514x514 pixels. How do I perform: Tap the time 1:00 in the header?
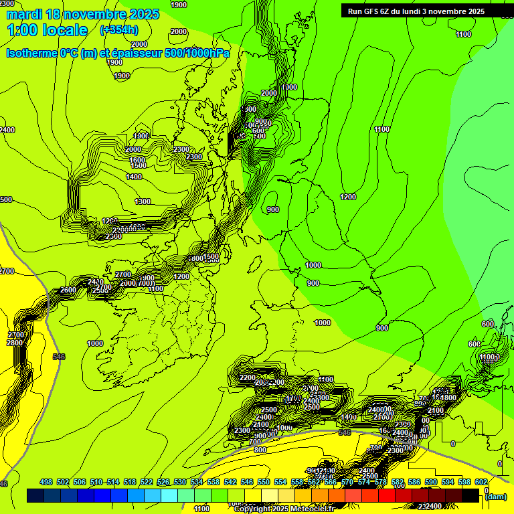22,30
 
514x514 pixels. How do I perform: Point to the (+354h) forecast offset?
118,30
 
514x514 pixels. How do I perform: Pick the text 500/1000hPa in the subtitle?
200,53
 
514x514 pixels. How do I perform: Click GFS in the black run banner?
376,11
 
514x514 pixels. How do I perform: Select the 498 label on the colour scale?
46,482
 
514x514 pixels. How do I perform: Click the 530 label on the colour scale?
180,482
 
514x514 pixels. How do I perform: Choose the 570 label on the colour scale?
347,482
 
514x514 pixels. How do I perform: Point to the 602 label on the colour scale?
481,482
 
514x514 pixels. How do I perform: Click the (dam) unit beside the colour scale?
495,497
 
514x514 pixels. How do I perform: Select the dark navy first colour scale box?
35,495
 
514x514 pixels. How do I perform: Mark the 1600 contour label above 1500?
137,160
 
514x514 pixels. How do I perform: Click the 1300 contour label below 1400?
142,201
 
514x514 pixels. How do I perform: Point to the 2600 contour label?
68,290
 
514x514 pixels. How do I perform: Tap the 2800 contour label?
14,343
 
